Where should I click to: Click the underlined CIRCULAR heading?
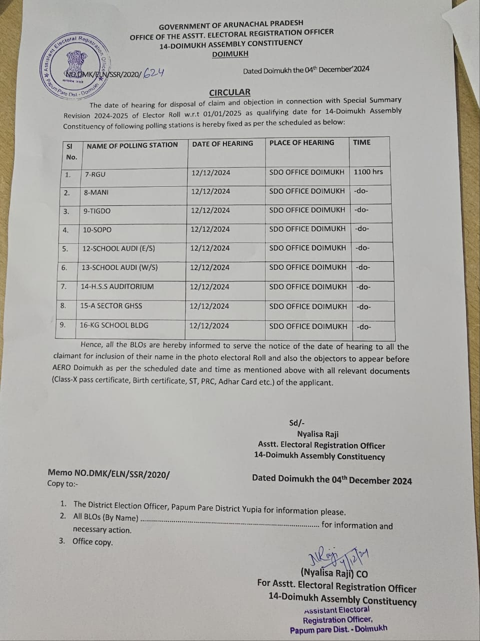click(x=229, y=92)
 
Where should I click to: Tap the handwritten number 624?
click(x=153, y=73)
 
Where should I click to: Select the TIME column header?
click(x=361, y=142)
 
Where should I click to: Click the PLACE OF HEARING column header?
click(x=301, y=143)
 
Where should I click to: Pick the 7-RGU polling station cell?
click(x=95, y=174)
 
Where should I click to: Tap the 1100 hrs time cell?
click(x=368, y=172)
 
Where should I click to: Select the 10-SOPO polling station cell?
click(x=97, y=230)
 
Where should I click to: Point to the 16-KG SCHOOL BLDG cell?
click(x=114, y=325)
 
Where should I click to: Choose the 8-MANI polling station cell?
click(x=96, y=192)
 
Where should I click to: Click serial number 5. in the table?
click(x=65, y=248)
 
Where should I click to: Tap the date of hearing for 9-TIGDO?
click(x=210, y=210)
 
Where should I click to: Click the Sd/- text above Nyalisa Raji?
click(x=297, y=423)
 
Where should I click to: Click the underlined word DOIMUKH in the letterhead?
click(x=230, y=54)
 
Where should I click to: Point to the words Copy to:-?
click(x=62, y=483)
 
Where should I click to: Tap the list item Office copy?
click(x=92, y=541)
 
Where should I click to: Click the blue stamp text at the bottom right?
click(x=338, y=619)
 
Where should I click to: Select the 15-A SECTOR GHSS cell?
click(x=111, y=306)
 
